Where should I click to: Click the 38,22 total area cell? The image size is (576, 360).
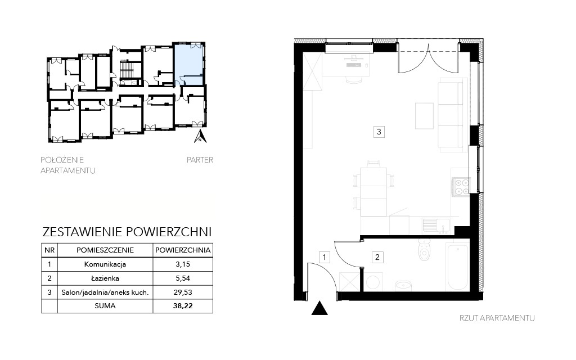(x=183, y=305)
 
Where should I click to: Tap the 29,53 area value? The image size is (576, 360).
(x=183, y=292)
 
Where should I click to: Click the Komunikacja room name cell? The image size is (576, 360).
(x=105, y=264)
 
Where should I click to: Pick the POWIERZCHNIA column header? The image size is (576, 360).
(x=183, y=250)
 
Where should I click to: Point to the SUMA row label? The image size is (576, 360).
(x=105, y=305)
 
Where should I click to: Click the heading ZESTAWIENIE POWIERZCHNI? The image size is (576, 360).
(x=127, y=232)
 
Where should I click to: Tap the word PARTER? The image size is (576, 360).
(x=200, y=160)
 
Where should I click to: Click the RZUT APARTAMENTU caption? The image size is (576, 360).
(x=497, y=318)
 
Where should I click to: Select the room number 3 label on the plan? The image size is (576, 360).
(x=379, y=132)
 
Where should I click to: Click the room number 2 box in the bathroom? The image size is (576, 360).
(x=377, y=257)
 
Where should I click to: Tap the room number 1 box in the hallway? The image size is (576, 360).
(x=325, y=257)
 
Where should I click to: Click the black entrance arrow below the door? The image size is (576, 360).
(x=319, y=308)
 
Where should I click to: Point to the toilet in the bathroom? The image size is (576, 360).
(x=424, y=249)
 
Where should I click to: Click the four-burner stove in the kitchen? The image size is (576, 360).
(x=461, y=186)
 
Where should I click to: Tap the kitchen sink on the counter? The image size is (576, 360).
(x=436, y=225)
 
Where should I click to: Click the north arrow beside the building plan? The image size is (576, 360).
(x=200, y=136)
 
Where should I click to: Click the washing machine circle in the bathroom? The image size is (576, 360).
(x=374, y=282)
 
